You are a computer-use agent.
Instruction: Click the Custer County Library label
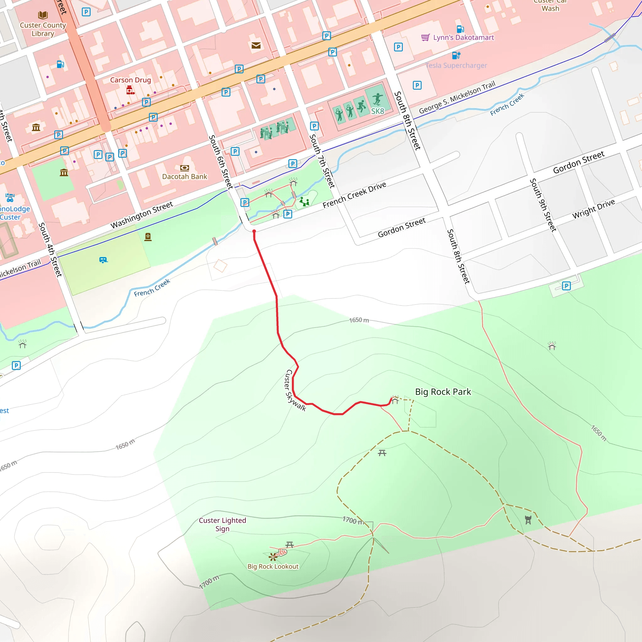click(x=43, y=29)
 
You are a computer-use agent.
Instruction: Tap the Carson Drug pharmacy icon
click(x=130, y=90)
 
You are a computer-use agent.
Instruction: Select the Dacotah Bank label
click(x=184, y=176)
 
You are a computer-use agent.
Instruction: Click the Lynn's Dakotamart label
click(x=463, y=38)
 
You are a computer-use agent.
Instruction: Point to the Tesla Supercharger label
click(x=456, y=66)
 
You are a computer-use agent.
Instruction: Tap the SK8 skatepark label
click(x=377, y=111)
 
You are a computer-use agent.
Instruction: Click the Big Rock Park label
click(x=443, y=392)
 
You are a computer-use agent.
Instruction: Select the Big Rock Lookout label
click(x=273, y=566)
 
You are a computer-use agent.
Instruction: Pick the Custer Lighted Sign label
click(x=222, y=524)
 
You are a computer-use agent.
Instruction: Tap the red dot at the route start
click(x=254, y=231)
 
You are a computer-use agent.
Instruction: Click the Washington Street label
click(x=142, y=215)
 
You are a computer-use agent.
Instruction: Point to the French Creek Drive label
click(x=354, y=195)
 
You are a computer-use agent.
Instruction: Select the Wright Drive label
click(x=593, y=209)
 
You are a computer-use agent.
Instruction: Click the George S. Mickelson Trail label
click(x=457, y=97)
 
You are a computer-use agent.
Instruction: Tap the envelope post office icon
click(x=256, y=45)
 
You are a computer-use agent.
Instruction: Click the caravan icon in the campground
click(x=103, y=260)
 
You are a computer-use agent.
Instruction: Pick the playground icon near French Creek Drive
click(x=304, y=201)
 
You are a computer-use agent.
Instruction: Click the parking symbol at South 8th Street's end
click(x=566, y=286)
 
